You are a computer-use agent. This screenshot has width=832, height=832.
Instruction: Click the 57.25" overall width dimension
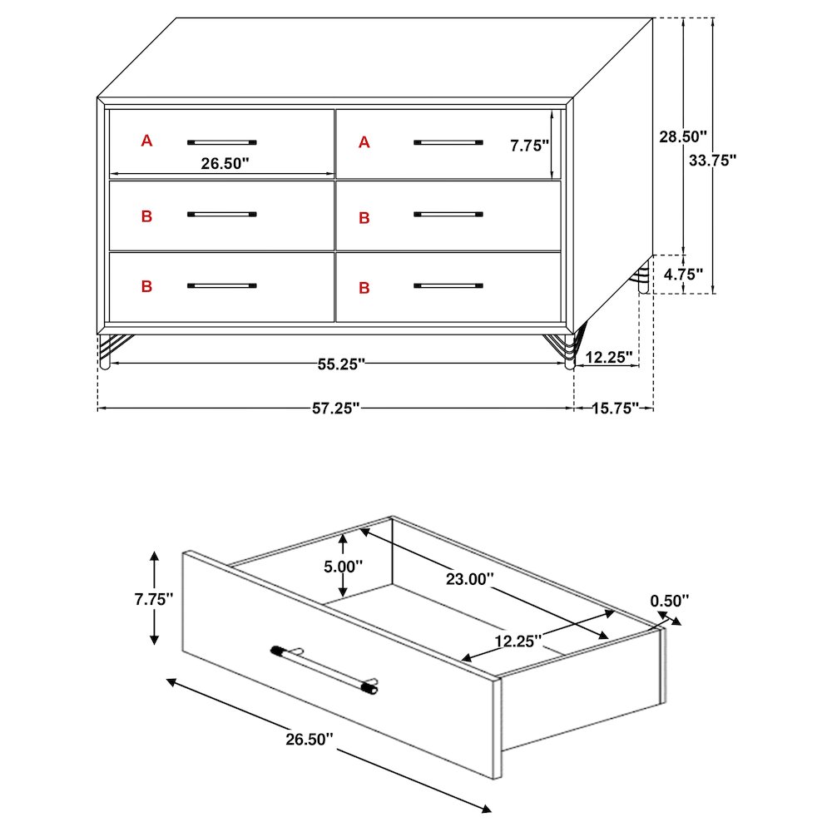(x=336, y=408)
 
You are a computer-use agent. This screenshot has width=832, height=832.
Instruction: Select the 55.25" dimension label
(x=341, y=364)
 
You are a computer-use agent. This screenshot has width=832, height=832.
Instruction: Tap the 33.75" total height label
(x=713, y=161)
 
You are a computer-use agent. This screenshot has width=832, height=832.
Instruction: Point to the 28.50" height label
(x=683, y=136)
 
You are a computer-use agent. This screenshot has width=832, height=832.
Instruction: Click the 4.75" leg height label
(x=683, y=275)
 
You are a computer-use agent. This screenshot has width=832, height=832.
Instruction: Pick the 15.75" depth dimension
(x=615, y=408)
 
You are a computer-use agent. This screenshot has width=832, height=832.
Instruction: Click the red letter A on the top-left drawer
(x=146, y=141)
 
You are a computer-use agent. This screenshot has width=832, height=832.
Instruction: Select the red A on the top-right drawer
(x=364, y=142)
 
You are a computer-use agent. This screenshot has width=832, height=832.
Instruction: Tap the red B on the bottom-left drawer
(x=146, y=286)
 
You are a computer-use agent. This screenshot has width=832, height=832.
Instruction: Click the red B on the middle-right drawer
(x=364, y=217)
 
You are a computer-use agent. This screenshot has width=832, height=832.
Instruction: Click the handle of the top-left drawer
(x=222, y=142)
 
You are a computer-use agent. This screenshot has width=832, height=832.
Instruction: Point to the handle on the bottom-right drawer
(x=448, y=285)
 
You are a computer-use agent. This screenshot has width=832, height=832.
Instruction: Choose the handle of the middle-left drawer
(x=222, y=215)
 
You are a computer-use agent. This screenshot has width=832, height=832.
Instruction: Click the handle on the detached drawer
(x=324, y=670)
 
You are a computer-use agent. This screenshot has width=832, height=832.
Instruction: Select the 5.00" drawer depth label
(x=344, y=567)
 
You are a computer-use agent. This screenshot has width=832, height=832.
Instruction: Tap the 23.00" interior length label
(x=469, y=579)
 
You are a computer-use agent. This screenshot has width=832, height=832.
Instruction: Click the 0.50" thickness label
(x=670, y=601)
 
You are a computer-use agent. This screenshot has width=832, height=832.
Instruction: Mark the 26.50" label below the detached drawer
(x=310, y=739)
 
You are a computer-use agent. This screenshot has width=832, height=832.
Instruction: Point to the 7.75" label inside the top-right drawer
(x=529, y=146)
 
